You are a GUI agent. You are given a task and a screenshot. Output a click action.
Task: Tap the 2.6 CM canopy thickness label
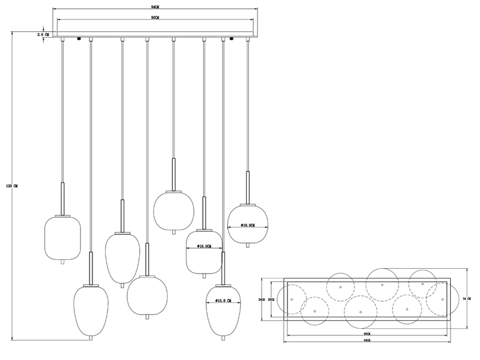tap(43, 35)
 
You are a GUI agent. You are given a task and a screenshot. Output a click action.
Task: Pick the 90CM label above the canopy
tap(155, 19)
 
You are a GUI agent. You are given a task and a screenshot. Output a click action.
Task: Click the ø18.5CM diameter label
tap(248, 225)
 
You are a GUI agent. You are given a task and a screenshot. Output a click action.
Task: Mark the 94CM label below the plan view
tap(367, 340)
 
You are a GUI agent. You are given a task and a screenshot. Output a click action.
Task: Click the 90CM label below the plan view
tap(367, 331)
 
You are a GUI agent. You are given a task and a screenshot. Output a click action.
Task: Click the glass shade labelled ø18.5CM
tap(248, 223)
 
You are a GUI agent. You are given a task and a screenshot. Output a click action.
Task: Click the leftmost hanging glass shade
tap(63, 236)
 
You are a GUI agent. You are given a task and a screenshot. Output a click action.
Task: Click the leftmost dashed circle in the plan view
tap(292, 298)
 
